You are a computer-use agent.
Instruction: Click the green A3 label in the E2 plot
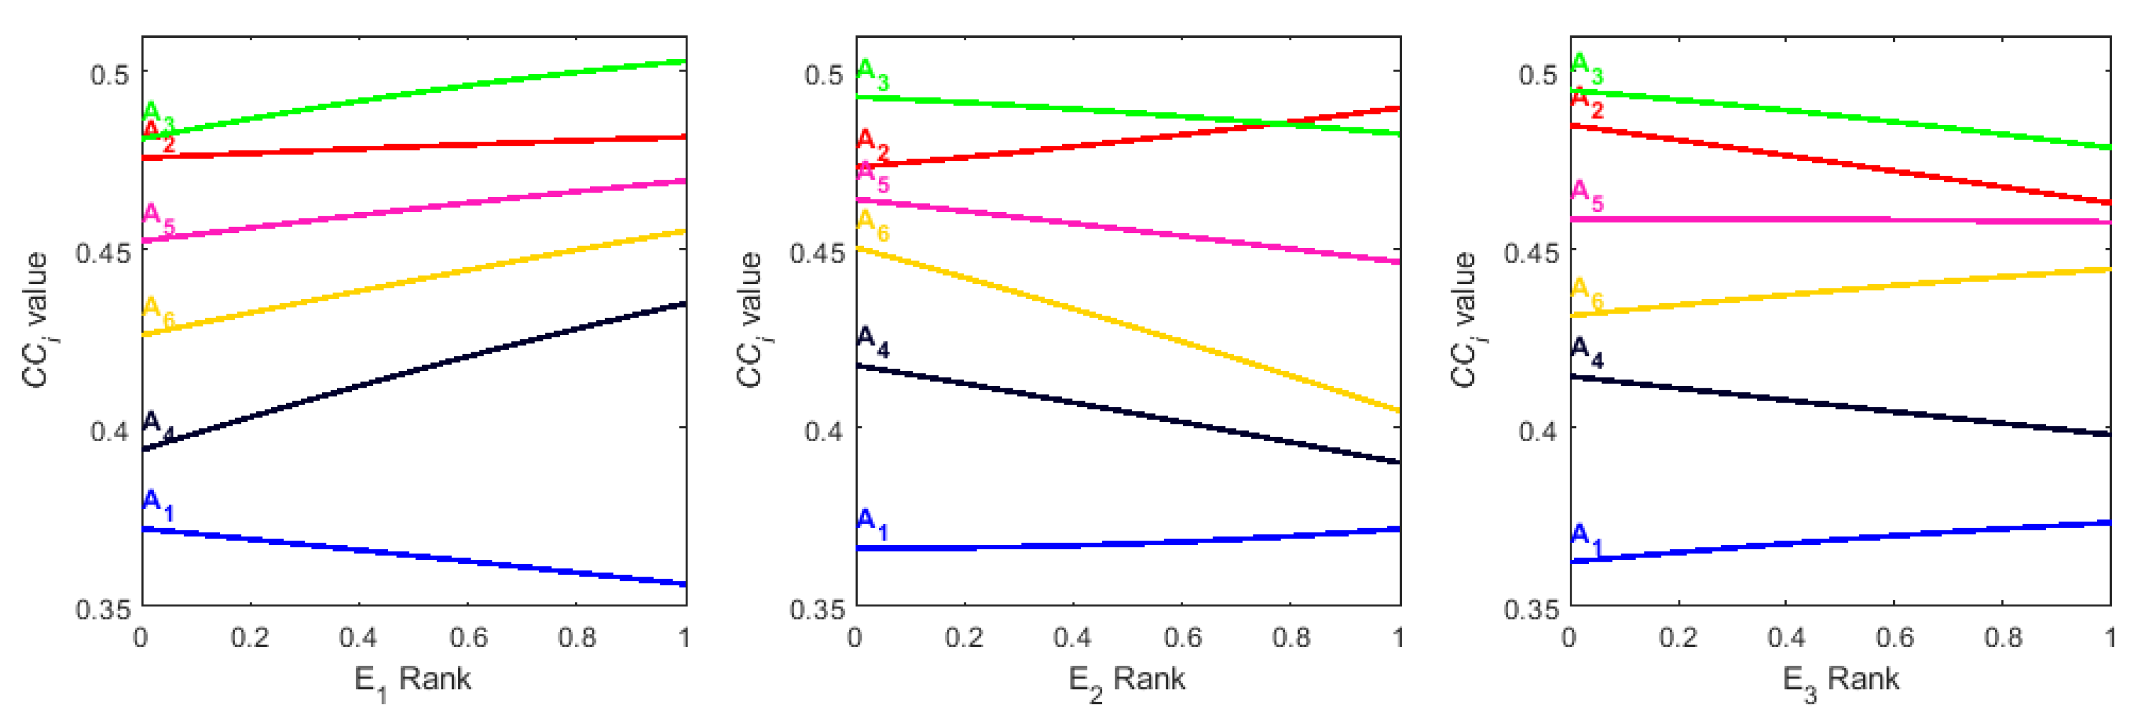coord(873,73)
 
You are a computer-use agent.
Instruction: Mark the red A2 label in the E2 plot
coord(873,144)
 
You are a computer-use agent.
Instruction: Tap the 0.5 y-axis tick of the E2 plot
coord(822,73)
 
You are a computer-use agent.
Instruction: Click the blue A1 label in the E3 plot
coord(1586,538)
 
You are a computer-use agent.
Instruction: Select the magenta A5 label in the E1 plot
coord(158,218)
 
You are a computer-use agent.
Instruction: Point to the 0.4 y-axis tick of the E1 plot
coord(109,431)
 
